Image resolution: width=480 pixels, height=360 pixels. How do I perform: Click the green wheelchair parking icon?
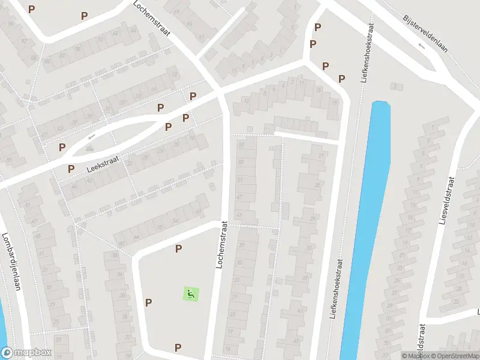pyautogui.click(x=191, y=294)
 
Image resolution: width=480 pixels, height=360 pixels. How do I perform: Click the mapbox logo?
pyautogui.click(x=26, y=353)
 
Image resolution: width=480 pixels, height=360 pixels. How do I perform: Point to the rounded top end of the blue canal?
pyautogui.click(x=381, y=106)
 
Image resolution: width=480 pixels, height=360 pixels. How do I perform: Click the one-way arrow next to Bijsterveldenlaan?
pyautogui.click(x=421, y=46)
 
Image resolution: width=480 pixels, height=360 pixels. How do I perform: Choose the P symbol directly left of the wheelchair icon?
pyautogui.click(x=148, y=302)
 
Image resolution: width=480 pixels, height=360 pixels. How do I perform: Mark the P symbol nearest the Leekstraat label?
pyautogui.click(x=71, y=169)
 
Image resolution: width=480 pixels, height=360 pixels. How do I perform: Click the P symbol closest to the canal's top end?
pyautogui.click(x=341, y=79)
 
